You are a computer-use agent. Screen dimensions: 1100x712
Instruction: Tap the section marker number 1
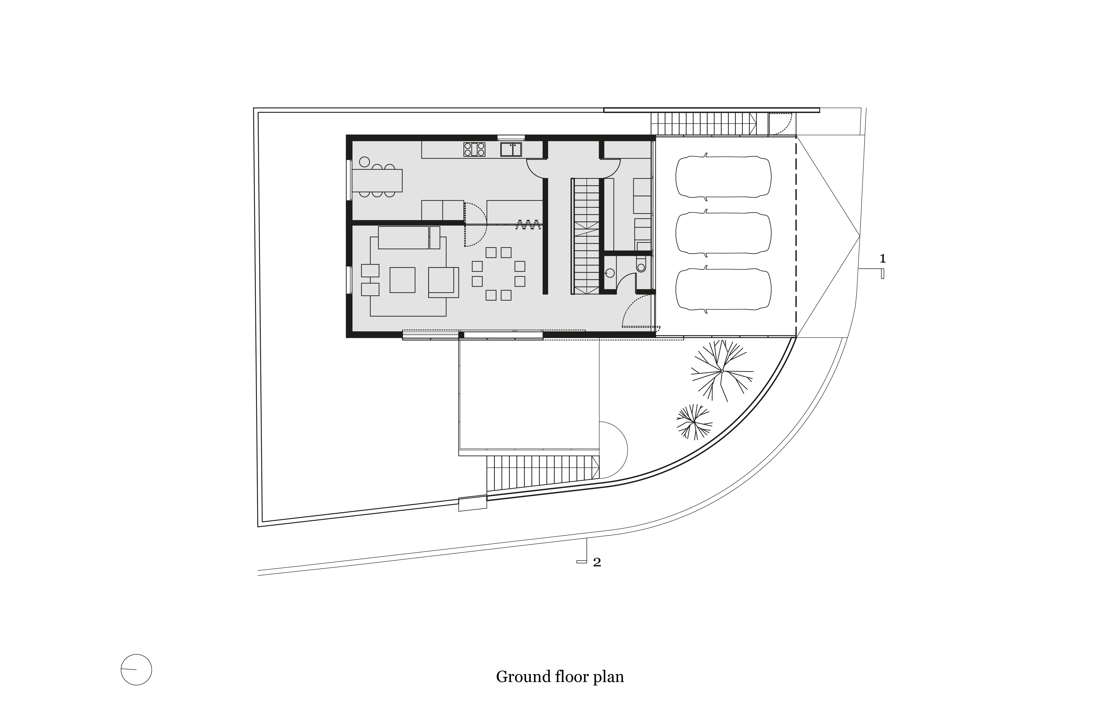(882, 259)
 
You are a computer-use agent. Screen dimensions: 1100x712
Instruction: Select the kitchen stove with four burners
(474, 149)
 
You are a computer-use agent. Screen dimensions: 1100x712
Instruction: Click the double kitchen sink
(511, 149)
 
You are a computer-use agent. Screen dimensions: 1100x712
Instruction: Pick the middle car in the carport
(723, 233)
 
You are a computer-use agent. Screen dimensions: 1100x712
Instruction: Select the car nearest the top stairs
(723, 177)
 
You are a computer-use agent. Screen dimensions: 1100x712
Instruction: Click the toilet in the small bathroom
(641, 265)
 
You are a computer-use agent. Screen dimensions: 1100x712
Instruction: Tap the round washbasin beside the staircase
(610, 273)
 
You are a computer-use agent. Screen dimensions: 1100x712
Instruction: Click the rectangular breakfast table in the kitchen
(377, 180)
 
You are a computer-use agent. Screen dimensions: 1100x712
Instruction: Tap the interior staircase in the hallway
(586, 236)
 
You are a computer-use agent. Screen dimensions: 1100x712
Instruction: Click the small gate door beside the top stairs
(781, 124)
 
